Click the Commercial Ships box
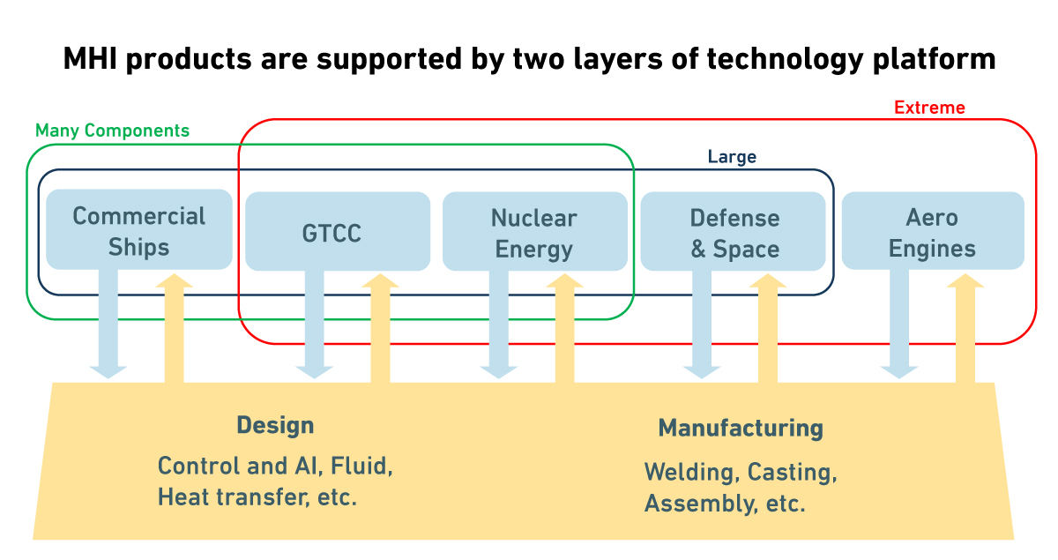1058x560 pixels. [138, 230]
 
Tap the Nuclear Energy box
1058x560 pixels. [534, 233]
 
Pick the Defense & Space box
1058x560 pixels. [734, 233]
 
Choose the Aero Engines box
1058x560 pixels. [932, 233]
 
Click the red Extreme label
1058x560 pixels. [929, 108]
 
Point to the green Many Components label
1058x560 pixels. [112, 131]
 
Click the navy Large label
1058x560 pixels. [732, 157]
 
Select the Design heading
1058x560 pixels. [275, 425]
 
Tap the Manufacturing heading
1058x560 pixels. [741, 429]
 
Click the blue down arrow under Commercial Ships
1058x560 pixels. [108, 326]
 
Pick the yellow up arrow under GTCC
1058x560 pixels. [380, 331]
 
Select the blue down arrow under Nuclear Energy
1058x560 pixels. [499, 326]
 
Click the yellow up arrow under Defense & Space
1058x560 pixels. [768, 331]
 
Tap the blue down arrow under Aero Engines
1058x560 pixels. [899, 326]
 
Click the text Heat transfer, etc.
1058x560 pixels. [257, 497]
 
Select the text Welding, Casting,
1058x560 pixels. [741, 472]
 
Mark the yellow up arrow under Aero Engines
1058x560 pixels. [965, 331]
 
